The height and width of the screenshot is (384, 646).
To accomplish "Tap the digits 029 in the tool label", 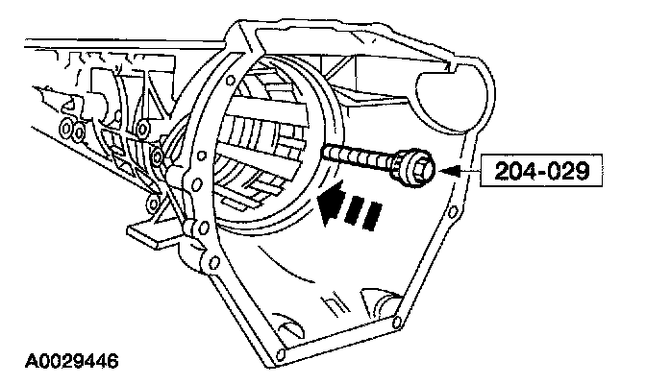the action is click(572, 172).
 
